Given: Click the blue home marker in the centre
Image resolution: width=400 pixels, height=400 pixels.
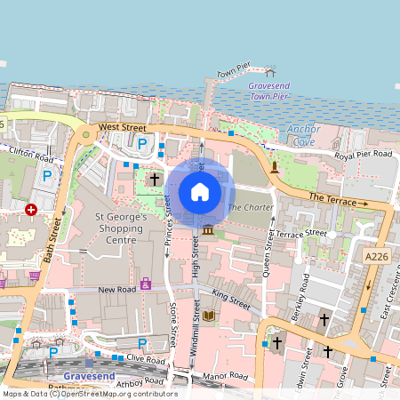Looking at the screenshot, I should [200, 191].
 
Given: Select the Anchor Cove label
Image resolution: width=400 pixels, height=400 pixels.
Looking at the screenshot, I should [303, 135].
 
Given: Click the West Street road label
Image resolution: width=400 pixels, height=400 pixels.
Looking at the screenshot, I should [122, 128].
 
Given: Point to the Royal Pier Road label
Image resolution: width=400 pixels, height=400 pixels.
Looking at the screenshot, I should [363, 154].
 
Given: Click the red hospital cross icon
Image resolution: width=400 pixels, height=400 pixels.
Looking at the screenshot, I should [31, 210].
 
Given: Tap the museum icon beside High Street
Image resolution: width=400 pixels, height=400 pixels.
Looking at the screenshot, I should [208, 231].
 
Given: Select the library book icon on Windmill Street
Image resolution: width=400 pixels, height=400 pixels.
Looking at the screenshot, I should [209, 316].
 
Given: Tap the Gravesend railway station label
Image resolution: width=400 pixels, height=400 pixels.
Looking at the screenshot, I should [90, 376].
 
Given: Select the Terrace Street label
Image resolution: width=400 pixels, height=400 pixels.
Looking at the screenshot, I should [302, 233].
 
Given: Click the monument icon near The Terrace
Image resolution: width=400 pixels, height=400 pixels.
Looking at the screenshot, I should [275, 166].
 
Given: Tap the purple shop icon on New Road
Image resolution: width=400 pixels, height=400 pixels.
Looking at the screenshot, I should [145, 284].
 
